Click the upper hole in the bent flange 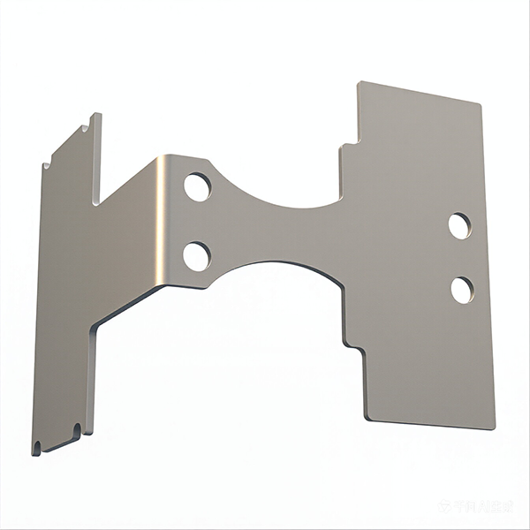197,187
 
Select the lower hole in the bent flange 196,256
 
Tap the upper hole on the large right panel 459,226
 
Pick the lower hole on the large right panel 462,290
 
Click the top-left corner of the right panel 359,83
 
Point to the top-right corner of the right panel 481,104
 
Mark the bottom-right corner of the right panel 494,428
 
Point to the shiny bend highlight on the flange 162,221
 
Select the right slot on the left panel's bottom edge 77,431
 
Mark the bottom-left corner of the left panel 34,453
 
